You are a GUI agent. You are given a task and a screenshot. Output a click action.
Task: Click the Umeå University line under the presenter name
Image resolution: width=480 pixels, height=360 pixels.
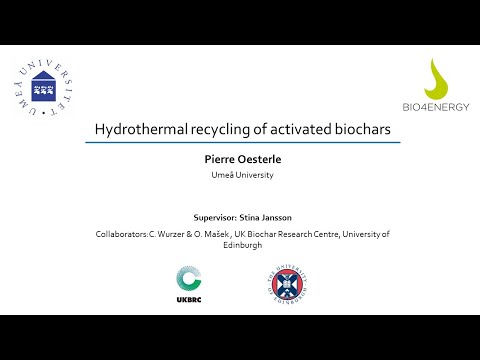pos(240,175)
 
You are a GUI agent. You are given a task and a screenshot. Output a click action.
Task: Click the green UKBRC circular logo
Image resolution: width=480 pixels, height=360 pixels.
pos(189,279)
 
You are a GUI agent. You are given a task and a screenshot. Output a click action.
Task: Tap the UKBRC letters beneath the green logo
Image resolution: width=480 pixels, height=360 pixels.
pos(189,299)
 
